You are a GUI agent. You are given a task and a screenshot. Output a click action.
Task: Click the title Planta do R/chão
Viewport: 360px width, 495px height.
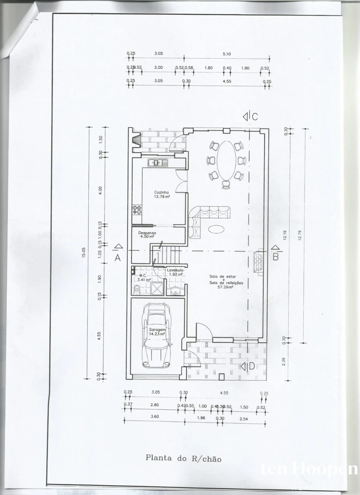pos(183,458)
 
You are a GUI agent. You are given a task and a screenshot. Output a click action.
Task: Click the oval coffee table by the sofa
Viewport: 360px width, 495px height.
pos(216,229)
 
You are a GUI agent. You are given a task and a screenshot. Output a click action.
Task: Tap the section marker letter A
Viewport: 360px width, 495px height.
pos(118,258)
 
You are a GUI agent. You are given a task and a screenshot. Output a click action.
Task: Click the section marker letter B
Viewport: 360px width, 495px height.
pos(276,257)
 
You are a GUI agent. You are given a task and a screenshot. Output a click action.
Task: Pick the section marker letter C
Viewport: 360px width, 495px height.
pos(254,117)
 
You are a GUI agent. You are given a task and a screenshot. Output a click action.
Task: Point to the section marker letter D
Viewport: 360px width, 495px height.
pos(252,366)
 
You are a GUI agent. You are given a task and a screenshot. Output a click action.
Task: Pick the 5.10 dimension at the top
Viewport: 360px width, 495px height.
pos(227,54)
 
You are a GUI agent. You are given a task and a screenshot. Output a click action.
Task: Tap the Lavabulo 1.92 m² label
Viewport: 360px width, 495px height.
pos(175,272)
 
